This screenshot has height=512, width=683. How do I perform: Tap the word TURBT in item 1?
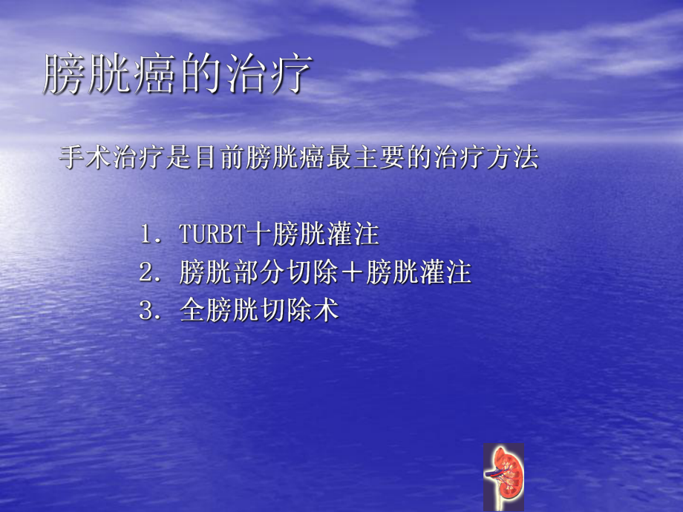212,235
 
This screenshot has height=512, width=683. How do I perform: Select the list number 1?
146,235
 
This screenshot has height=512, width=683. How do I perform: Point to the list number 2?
146,272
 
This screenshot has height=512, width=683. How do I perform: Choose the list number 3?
146,310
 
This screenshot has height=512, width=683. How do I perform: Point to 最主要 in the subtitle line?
359,158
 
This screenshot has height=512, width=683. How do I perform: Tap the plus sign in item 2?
353,272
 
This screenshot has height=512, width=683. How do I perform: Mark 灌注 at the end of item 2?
448,272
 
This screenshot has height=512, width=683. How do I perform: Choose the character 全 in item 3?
192,310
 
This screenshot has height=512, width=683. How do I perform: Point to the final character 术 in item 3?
327,310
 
